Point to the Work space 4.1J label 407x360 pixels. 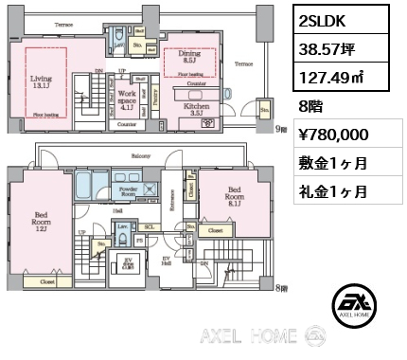[x=125, y=99]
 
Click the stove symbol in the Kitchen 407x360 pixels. [x=207, y=121]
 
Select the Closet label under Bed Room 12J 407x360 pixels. [x=46, y=282]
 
